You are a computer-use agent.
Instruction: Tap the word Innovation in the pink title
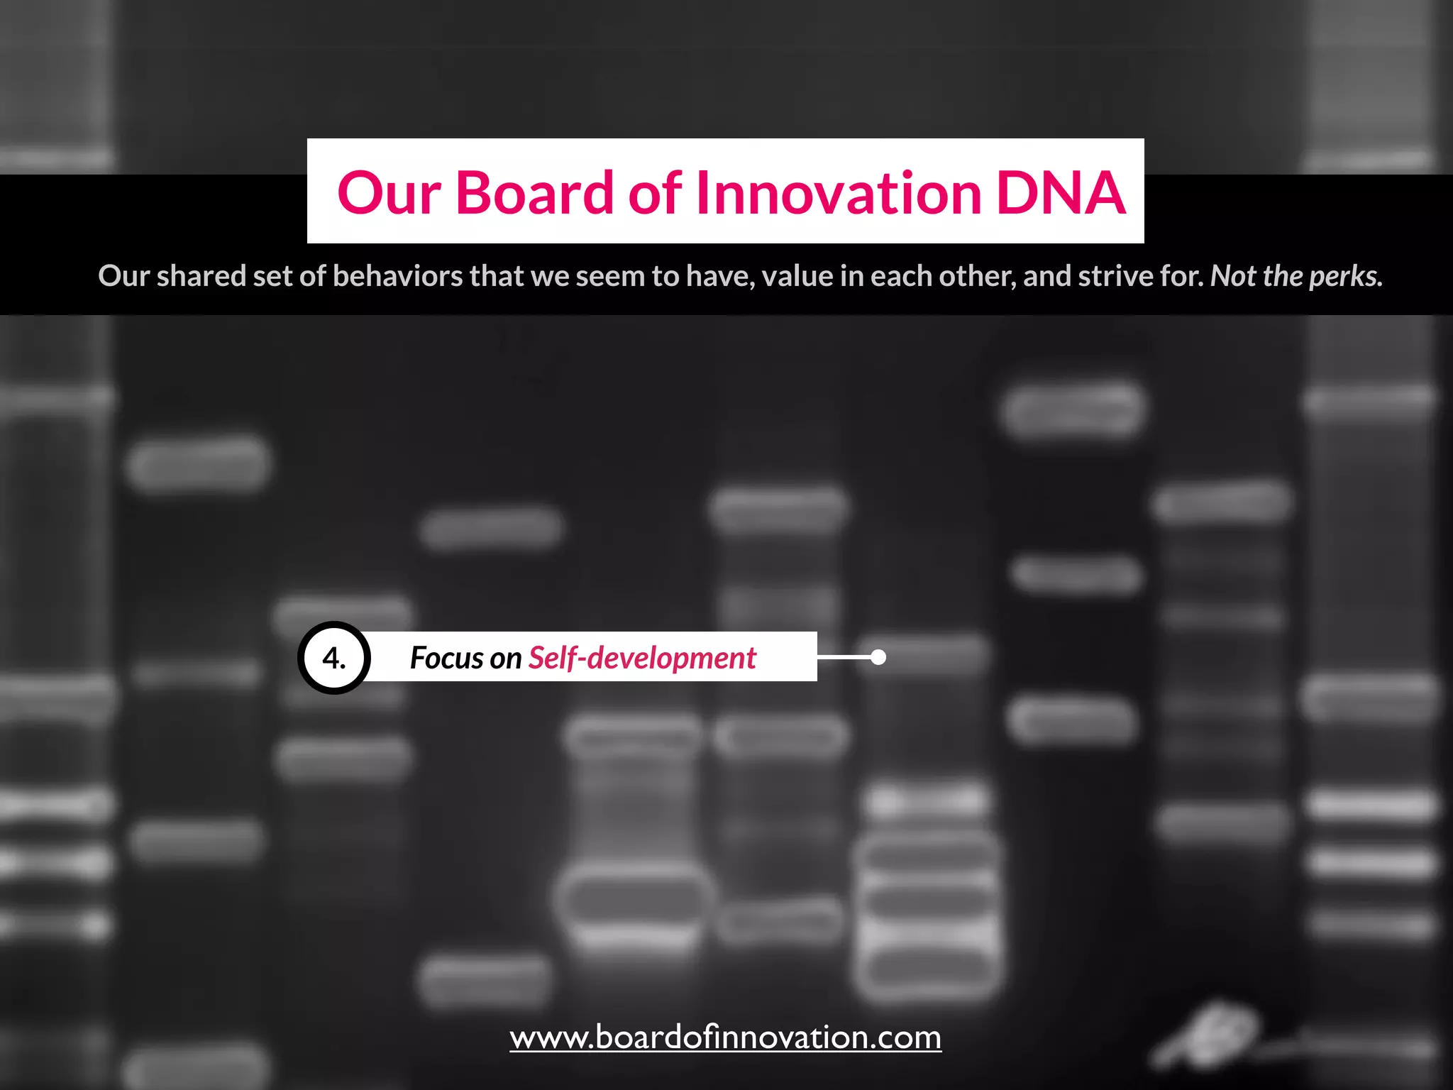839,193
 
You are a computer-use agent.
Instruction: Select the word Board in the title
534,193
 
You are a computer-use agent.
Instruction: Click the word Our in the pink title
389,193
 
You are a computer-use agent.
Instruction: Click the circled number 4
334,658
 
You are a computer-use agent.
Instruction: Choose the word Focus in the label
446,658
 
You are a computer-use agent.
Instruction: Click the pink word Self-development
642,659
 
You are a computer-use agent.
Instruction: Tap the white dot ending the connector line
878,657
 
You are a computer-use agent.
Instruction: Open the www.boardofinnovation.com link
725,1037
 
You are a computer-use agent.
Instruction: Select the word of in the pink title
654,193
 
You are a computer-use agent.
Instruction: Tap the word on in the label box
505,659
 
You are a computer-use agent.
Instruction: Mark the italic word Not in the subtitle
1233,276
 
